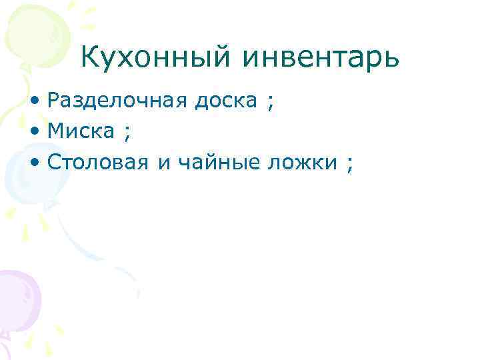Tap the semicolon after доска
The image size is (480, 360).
[269, 103]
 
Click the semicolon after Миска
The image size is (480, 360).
[126, 134]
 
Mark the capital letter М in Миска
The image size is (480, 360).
[55, 132]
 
